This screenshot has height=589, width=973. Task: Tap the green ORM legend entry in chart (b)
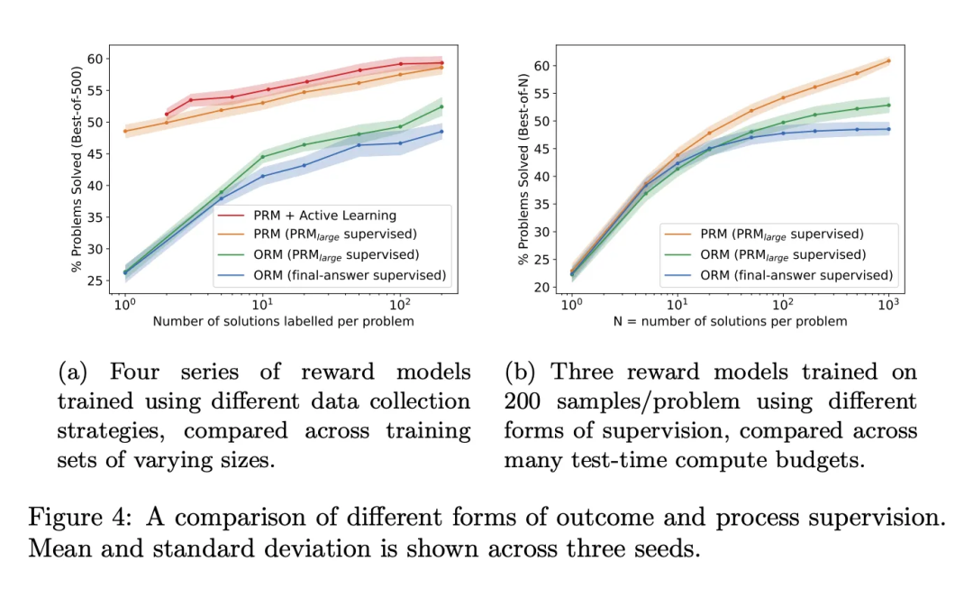[767, 254]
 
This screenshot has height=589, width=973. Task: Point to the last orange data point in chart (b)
[888, 60]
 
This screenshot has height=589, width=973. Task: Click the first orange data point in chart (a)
[125, 131]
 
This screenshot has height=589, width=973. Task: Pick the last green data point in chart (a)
[441, 106]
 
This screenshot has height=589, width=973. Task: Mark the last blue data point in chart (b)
[888, 129]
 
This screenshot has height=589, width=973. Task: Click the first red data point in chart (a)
[167, 115]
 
